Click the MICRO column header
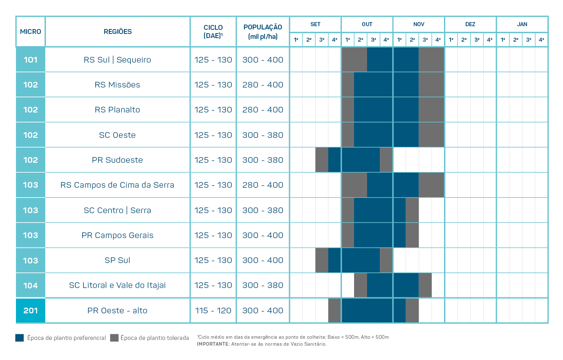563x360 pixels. point(31,32)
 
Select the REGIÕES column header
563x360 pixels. point(118,32)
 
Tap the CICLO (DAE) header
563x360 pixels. point(213,32)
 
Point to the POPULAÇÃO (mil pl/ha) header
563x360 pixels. point(263,32)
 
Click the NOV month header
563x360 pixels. point(419,24)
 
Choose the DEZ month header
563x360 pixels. point(470,24)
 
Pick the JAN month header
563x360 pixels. point(522,24)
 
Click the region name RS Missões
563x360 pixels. point(117,85)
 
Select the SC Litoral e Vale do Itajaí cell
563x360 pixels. point(117,285)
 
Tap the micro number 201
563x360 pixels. point(31,310)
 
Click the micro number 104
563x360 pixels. point(31,286)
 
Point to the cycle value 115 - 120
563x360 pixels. point(213,310)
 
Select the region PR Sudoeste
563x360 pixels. point(117,160)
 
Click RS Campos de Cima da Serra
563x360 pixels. point(117,185)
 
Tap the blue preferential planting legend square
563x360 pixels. point(20,337)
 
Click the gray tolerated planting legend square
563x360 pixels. point(114,337)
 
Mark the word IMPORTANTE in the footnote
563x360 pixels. point(213,344)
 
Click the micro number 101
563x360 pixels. point(31,60)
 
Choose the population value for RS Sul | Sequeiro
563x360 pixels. point(263,60)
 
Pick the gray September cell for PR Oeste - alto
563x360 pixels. point(334,310)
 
